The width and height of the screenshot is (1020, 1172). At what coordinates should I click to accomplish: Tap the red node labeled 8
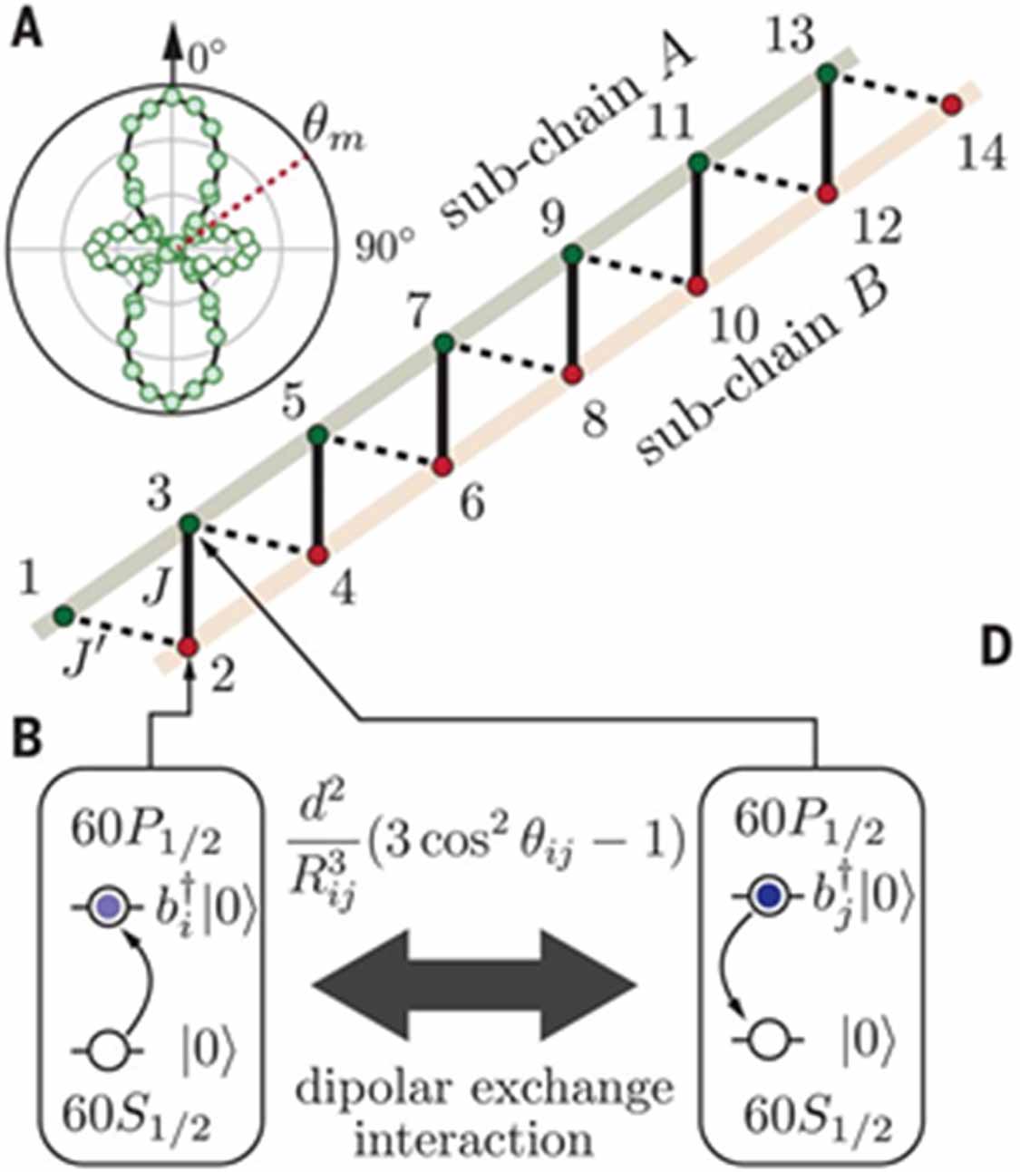570,373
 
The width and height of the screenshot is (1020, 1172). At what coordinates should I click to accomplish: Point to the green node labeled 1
63,616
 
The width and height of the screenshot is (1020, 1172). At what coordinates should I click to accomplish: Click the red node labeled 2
189,646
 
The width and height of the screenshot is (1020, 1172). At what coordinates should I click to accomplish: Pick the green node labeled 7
443,344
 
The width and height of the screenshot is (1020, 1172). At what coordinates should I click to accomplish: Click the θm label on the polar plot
325,140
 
